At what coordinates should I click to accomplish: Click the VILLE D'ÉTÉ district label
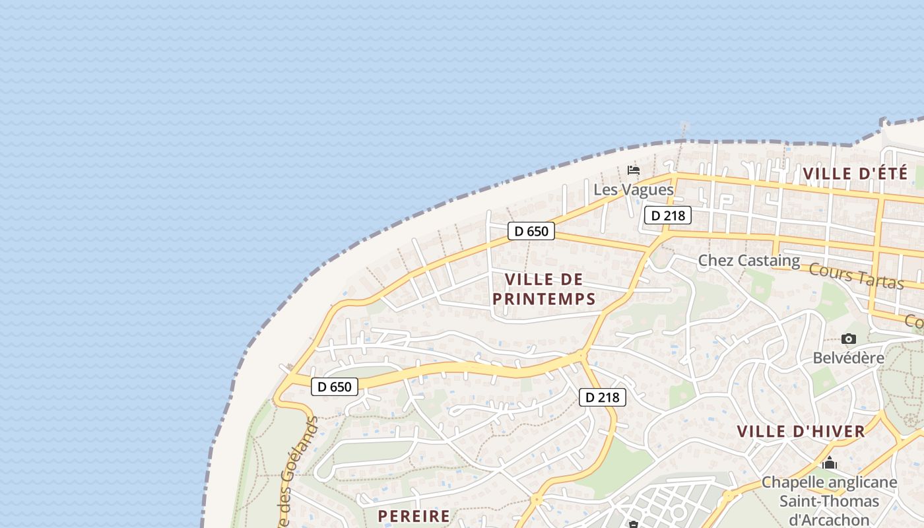pos(855,174)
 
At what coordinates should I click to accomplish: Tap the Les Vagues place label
pos(634,190)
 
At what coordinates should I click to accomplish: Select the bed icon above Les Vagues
pos(634,170)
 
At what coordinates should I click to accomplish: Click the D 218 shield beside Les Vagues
pos(667,215)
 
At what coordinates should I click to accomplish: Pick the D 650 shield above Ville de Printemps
pos(531,231)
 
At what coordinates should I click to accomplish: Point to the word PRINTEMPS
pos(544,299)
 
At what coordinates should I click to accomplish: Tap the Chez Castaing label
pos(748,261)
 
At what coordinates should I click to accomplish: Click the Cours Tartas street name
pos(855,276)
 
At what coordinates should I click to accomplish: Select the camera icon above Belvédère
pos(849,339)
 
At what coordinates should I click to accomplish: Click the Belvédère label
pos(848,358)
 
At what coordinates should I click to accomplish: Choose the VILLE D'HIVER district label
pos(801,432)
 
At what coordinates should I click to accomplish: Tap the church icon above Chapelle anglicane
pos(830,463)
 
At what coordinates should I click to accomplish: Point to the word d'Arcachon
pos(830,519)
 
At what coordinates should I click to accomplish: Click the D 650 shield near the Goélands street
pos(335,387)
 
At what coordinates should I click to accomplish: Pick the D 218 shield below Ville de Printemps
pos(603,397)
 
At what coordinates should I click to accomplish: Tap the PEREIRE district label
pos(414,515)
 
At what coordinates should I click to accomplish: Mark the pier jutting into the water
pos(684,129)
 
